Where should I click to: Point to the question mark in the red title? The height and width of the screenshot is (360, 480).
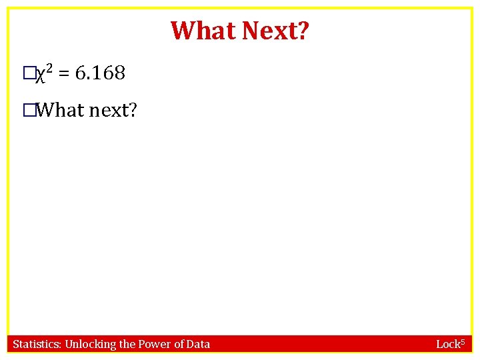click(x=303, y=31)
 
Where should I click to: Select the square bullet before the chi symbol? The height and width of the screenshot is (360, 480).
click(x=27, y=74)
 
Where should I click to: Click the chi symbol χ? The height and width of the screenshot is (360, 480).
click(x=39, y=75)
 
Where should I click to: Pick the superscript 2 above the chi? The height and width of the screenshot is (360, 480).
click(x=49, y=69)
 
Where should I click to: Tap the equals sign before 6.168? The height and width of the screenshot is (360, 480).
click(x=64, y=74)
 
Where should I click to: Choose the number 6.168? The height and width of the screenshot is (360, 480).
click(x=100, y=73)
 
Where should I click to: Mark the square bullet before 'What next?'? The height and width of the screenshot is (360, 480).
click(x=27, y=110)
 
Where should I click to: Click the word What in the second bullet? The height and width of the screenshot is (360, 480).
click(x=59, y=109)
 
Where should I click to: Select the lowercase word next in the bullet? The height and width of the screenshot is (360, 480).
click(x=109, y=110)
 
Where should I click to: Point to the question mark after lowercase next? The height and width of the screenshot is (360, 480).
click(x=132, y=109)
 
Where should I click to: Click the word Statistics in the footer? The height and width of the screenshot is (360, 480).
click(x=37, y=344)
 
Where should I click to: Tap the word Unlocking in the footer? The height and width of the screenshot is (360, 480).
click(x=90, y=345)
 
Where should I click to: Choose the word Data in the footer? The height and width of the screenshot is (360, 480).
click(x=199, y=344)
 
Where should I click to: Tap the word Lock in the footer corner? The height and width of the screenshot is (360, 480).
click(x=448, y=345)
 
